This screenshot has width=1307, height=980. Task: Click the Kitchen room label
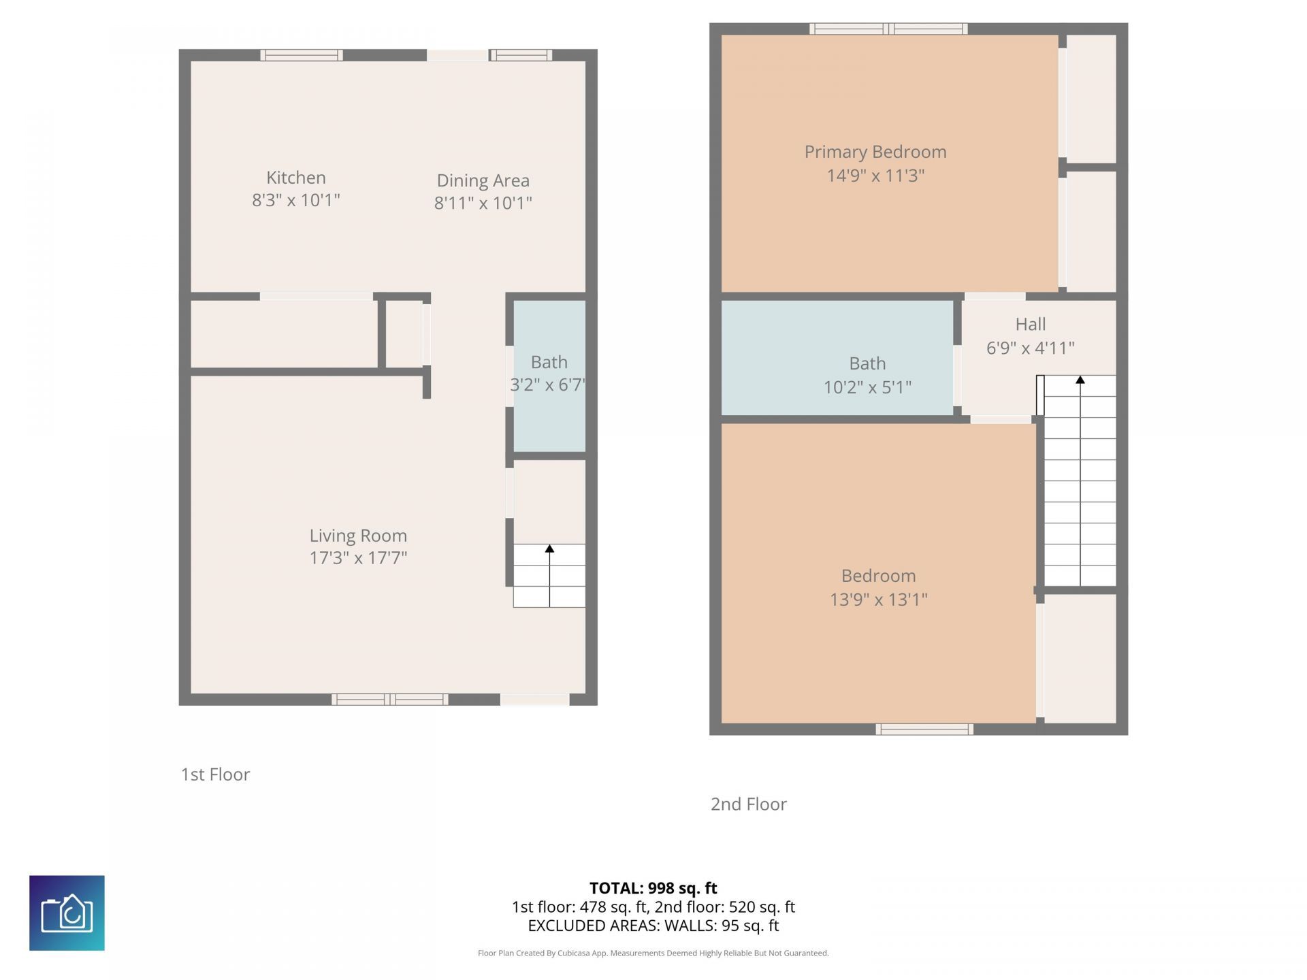coord(295,178)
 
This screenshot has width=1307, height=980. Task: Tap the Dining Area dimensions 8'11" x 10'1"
coord(483,203)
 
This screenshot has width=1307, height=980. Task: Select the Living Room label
coord(358,536)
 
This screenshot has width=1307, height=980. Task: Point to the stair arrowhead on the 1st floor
coord(549,549)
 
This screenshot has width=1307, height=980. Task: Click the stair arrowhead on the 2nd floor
coord(1080,380)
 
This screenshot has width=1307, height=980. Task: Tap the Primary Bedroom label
coord(875,152)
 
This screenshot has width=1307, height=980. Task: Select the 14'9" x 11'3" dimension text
coord(875,176)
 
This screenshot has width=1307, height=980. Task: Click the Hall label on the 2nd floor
coord(1030,324)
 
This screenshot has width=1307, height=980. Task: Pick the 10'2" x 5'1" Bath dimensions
coord(867,387)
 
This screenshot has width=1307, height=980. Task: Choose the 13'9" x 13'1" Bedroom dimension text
coord(878,600)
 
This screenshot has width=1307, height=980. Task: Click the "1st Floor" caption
coord(215,774)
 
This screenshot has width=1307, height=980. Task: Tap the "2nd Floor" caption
coord(748,804)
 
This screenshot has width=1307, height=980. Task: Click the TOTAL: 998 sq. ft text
coord(653,888)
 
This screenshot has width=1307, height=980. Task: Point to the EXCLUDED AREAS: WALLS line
coord(653,926)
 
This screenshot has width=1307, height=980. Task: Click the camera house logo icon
coord(67,913)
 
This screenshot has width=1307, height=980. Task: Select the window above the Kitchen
coord(301,55)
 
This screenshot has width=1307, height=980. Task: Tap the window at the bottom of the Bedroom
coord(924,730)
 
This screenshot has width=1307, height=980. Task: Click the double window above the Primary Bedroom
coord(888,29)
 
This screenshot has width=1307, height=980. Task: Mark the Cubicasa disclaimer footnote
coord(653,953)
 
